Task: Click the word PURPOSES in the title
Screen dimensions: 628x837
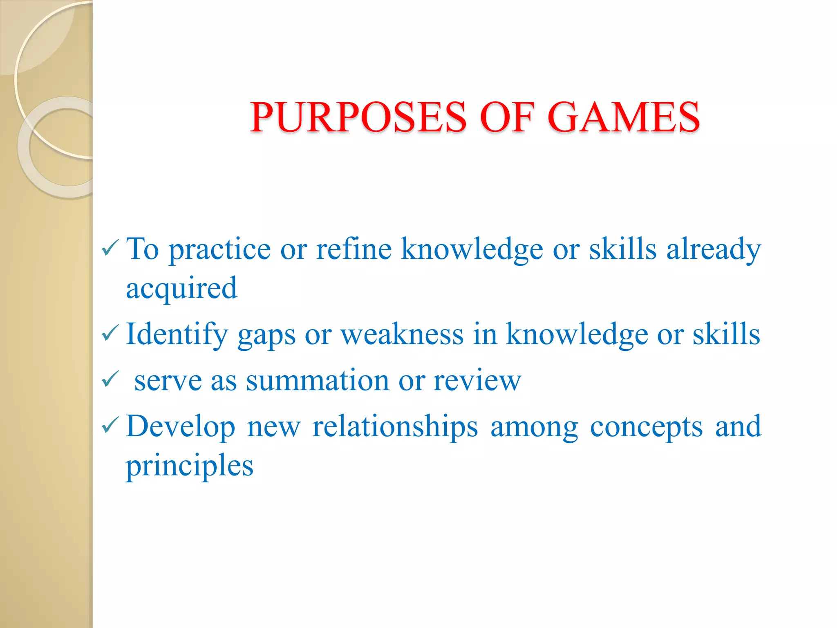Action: click(358, 117)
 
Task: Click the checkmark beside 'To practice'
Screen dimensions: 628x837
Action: click(110, 248)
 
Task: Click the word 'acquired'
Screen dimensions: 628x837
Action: click(181, 289)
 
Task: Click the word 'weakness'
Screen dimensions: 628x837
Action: click(402, 334)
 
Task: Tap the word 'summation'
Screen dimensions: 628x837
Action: click(317, 380)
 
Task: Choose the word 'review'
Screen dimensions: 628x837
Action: click(477, 380)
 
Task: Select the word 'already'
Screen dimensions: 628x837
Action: click(714, 249)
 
